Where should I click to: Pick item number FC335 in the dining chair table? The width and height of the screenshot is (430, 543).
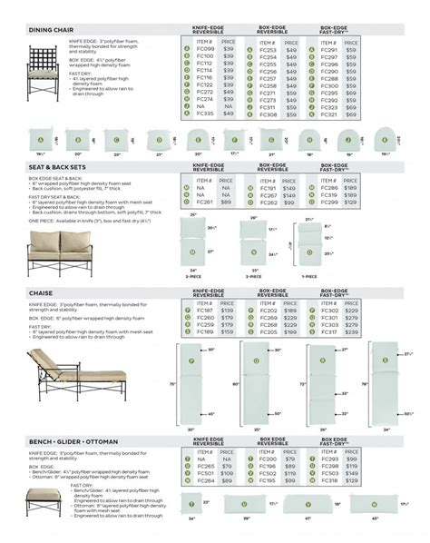pos(204,114)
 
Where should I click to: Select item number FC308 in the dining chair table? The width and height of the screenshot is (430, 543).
pos(268,114)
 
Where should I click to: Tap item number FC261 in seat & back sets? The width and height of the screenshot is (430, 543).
pos(204,203)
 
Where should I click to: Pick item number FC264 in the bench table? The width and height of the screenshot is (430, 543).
pos(204,480)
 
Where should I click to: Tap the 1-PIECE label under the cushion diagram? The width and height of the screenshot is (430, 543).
pos(311,275)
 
